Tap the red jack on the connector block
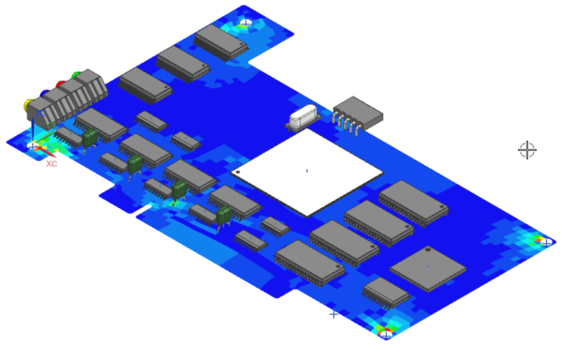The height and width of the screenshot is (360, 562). click(61, 84)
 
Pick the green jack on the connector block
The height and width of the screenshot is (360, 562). click(77, 75)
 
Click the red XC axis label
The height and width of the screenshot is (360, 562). click(52, 163)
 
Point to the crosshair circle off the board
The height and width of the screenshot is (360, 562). click(527, 149)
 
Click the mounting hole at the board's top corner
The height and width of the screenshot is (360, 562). click(245, 22)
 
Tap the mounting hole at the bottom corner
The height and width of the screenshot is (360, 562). click(385, 331)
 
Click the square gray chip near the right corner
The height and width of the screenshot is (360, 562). click(428, 268)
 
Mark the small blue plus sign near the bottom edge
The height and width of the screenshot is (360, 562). click(333, 314)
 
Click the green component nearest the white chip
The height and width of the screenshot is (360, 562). click(224, 216)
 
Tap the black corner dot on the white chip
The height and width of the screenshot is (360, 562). click(238, 172)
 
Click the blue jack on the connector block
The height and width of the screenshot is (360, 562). click(44, 94)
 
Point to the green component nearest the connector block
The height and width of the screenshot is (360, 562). click(90, 138)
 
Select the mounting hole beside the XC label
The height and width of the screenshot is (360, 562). click(35, 146)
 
